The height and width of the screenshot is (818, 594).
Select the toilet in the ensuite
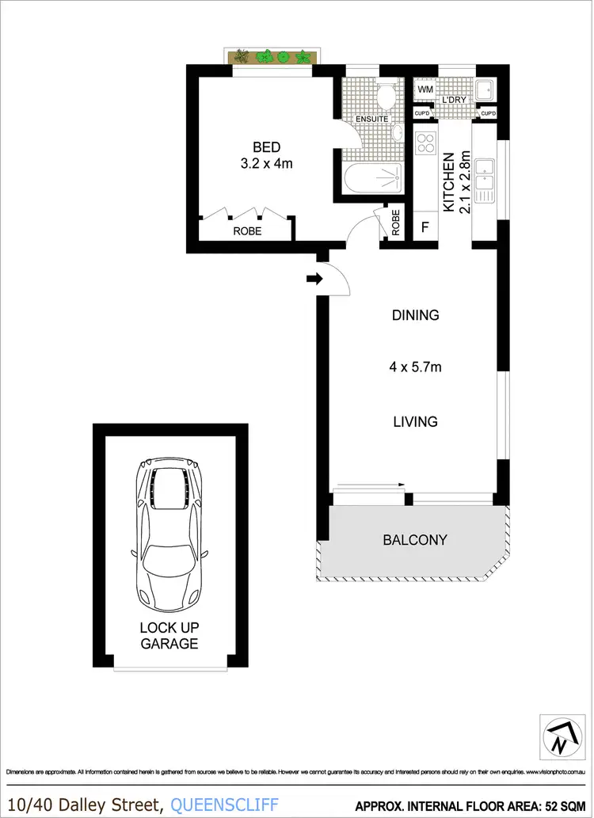point(385,97)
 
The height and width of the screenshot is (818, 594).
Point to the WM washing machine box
point(425,89)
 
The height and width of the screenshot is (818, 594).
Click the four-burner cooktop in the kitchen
point(426,143)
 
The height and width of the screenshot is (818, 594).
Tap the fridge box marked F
point(425,226)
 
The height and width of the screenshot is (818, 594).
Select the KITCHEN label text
point(448,182)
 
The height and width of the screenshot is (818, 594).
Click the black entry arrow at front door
point(313,279)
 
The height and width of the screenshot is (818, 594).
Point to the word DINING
point(415,315)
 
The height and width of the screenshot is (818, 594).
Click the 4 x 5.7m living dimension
point(415,367)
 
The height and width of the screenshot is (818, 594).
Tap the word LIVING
point(415,421)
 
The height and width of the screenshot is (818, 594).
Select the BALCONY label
point(415,540)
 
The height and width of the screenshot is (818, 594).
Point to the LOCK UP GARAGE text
point(169,635)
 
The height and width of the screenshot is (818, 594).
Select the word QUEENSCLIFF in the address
point(224,804)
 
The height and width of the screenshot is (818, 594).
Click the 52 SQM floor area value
point(563,805)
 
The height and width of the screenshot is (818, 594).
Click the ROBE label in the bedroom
point(246,231)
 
